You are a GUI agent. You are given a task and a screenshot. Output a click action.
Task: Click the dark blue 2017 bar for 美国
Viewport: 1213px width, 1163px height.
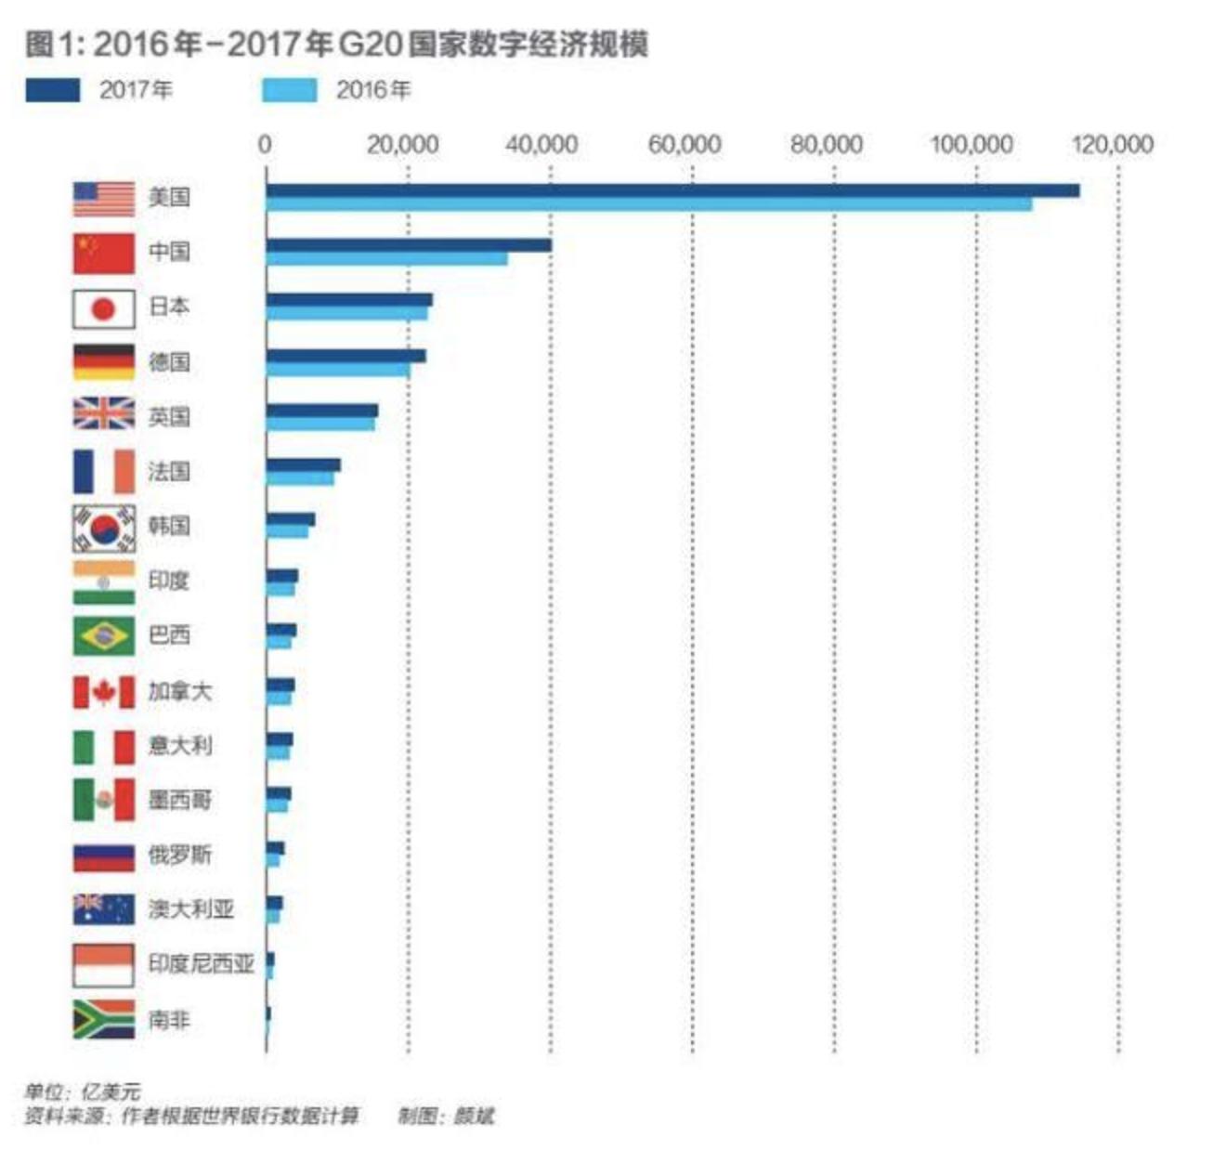coord(672,190)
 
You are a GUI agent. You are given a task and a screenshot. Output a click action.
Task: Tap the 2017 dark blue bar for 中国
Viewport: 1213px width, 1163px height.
coord(409,245)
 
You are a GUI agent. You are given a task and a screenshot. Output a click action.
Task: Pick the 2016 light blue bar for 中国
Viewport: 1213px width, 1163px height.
coord(386,259)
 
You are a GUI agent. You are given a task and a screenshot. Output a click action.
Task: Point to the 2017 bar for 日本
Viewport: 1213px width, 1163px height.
coord(348,300)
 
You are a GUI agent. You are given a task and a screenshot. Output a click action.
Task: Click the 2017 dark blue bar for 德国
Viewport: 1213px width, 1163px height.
coord(346,355)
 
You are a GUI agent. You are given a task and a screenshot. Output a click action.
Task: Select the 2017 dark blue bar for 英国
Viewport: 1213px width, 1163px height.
coord(321,410)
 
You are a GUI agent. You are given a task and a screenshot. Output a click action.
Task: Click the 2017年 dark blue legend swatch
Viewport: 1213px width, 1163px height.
coord(52,90)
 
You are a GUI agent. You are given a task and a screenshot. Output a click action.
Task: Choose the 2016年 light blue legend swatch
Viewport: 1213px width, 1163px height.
coord(289,90)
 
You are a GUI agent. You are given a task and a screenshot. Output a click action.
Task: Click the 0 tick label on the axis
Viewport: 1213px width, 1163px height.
coord(265,144)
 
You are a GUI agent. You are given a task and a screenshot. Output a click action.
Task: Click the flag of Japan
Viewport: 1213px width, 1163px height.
coord(104,309)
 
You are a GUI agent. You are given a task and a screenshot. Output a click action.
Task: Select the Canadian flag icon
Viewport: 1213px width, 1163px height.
coord(104,692)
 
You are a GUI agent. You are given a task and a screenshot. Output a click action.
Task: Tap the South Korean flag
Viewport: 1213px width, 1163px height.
coord(104,529)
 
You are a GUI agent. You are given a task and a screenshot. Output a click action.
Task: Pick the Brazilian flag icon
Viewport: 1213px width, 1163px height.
coord(104,636)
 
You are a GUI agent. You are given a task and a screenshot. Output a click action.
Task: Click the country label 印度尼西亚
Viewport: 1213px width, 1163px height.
coord(201,963)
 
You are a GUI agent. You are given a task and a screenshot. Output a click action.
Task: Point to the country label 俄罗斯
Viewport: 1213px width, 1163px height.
coord(179,855)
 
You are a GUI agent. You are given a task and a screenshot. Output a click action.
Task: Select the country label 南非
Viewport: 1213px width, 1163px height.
coord(169,1019)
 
